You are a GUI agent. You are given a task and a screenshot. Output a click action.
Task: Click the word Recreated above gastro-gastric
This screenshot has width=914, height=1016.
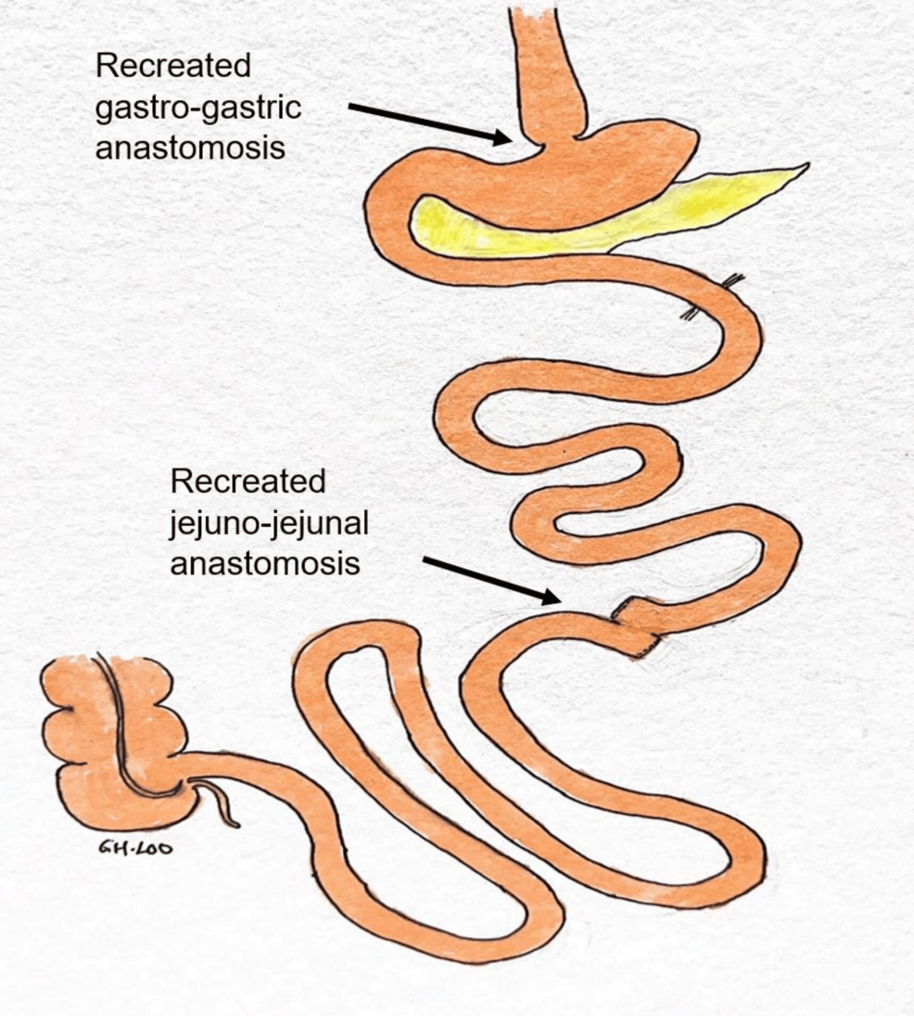[x=173, y=67]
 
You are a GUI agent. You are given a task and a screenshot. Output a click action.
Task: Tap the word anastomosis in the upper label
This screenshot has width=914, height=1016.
[x=190, y=148]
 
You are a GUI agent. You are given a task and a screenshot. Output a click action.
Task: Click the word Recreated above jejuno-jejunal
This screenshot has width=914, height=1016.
[x=248, y=482]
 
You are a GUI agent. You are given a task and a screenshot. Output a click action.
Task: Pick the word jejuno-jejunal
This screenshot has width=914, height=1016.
[x=270, y=523]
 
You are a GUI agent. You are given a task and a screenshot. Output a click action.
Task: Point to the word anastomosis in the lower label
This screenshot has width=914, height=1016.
[x=265, y=563]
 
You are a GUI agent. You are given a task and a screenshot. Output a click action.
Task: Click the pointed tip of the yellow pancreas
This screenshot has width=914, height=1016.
[x=805, y=167]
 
